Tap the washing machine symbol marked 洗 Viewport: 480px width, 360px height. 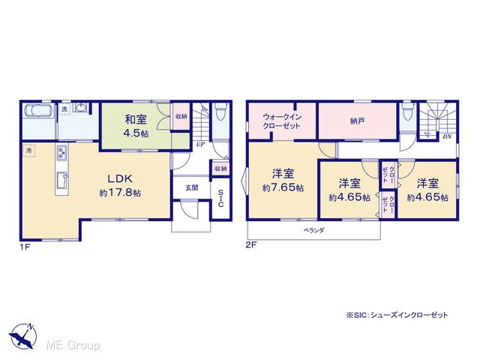64,109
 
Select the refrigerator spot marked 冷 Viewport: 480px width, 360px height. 28,150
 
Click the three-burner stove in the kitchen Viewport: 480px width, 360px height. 61,152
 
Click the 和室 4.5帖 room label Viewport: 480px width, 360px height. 136,126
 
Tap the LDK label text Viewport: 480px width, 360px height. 120,178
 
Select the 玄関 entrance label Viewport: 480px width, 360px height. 192,187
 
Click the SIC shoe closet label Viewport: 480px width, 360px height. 220,198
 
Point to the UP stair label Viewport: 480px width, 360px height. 200,144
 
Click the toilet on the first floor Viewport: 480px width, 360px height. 220,112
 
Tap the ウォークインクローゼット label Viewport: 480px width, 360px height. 282,121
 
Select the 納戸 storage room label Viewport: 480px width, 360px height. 357,121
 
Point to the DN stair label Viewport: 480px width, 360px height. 447,136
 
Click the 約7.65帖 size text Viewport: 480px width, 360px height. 283,187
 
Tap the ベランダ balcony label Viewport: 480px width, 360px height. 313,230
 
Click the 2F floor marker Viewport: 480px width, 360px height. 251,245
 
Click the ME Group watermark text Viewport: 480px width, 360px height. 73,345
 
